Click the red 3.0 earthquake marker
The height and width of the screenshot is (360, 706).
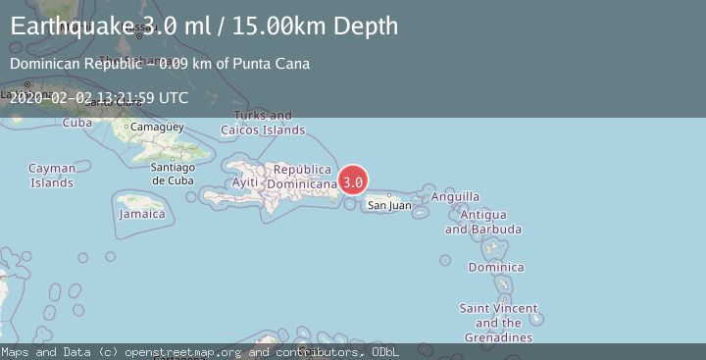tap(354, 181)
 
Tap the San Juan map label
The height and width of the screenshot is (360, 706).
tap(389, 205)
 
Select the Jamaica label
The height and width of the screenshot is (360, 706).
tap(142, 214)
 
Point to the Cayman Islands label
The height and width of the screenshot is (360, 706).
tap(51, 176)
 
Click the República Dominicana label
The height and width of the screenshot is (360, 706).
tap(309, 176)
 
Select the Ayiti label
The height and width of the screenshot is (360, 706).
tap(245, 183)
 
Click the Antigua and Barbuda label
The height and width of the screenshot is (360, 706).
tap(482, 222)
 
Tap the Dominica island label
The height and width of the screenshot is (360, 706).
tap(495, 267)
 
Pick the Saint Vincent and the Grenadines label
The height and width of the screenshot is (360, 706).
tap(499, 323)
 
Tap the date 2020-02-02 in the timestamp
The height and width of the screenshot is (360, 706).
tap(50, 97)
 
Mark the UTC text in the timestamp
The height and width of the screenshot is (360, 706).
tap(172, 97)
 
